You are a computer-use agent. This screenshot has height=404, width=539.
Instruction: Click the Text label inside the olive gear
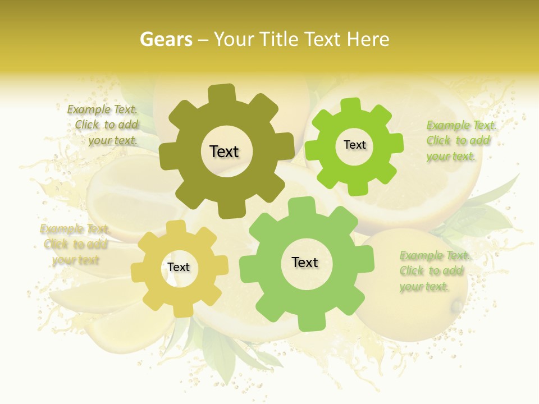(x=225, y=151)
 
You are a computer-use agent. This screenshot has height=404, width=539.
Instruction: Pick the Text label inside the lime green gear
(x=354, y=145)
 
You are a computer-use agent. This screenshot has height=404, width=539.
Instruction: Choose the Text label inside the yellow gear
(x=179, y=267)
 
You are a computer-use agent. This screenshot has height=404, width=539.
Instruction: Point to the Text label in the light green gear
(x=305, y=262)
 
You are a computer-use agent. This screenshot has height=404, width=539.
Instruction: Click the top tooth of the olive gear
(x=222, y=93)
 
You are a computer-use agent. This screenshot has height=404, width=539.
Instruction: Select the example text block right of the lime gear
(x=460, y=141)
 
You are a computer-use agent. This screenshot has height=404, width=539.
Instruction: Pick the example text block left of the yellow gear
(x=75, y=244)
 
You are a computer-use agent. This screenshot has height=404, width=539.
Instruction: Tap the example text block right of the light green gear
(x=433, y=271)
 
